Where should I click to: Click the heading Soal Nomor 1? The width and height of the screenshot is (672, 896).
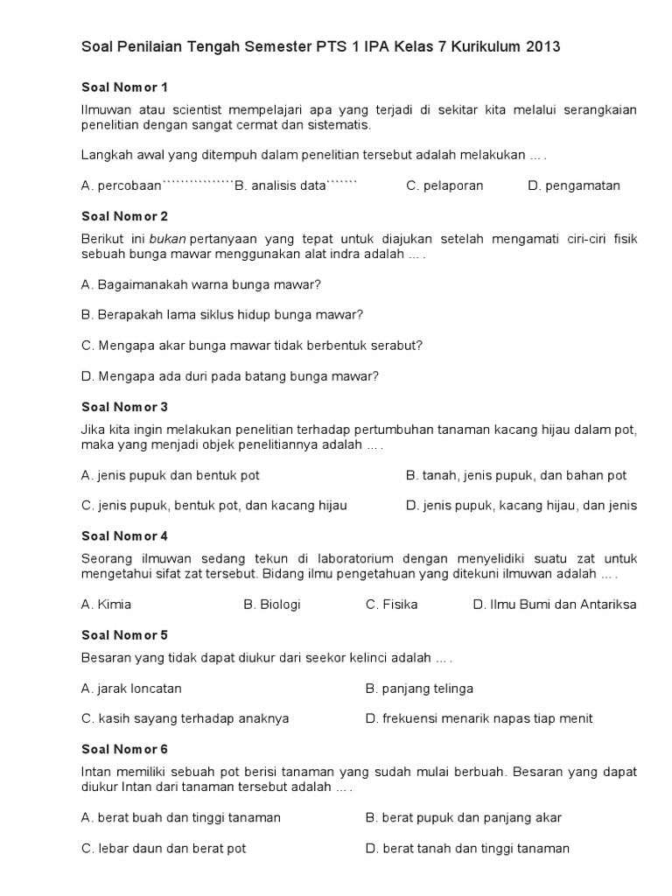point(124,87)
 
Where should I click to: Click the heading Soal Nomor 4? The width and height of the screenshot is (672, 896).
point(124,535)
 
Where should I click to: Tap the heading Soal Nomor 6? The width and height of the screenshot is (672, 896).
point(124,749)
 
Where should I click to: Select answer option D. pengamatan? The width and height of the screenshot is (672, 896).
point(574,185)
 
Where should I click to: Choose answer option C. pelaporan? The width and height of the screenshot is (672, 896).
point(444,185)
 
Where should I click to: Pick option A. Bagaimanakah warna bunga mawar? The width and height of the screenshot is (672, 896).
point(201,284)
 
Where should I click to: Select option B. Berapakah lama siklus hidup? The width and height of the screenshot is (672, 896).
point(222,315)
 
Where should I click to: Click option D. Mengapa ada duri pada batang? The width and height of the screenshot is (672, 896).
point(230,376)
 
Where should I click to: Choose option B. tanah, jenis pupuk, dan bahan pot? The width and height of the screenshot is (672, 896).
point(516,475)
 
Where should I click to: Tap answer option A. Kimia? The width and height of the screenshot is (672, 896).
point(106,605)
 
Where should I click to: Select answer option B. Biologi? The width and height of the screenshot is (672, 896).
point(272,605)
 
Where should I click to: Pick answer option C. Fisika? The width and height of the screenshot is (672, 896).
point(391,605)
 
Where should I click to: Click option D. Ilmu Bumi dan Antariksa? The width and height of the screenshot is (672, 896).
point(555,605)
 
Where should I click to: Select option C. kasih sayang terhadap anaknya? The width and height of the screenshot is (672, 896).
point(185,718)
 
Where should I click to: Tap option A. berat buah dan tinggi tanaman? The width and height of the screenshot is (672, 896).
point(181,818)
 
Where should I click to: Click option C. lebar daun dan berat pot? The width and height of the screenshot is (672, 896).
point(164,848)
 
